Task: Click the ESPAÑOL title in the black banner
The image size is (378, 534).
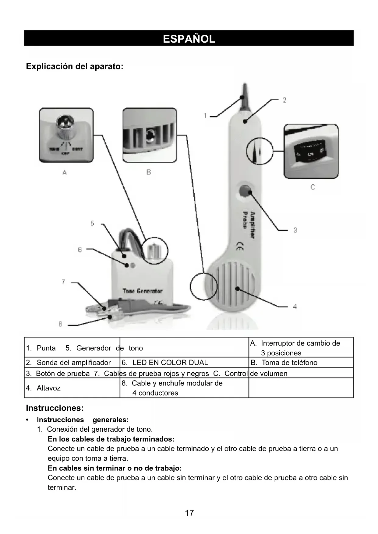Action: (189, 39)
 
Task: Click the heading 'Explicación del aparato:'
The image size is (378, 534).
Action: (75, 66)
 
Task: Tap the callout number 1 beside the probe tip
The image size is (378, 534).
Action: (205, 116)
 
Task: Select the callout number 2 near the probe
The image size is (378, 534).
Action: (284, 100)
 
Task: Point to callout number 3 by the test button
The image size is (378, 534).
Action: (295, 230)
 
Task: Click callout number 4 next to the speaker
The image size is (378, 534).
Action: (295, 307)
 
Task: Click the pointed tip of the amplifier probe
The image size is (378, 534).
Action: (244, 94)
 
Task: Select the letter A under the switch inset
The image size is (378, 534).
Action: (65, 172)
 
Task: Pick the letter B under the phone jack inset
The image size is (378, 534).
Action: (149, 172)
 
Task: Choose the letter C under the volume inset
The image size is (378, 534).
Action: (313, 187)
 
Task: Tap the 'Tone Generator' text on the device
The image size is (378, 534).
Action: (143, 291)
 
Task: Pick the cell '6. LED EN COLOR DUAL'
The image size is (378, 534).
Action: (170, 363)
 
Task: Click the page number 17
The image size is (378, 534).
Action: (189, 513)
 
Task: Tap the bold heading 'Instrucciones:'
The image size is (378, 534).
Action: (55, 408)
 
